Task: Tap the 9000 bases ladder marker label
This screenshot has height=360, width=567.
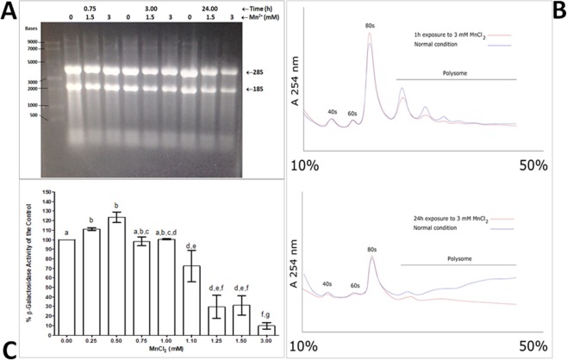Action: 32,41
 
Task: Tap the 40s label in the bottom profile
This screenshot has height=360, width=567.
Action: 327,283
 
